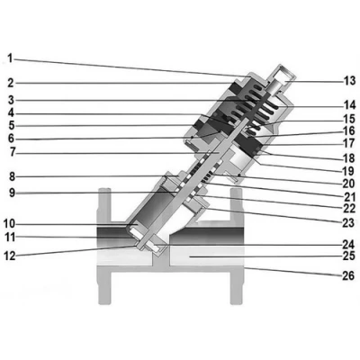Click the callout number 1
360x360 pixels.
11,58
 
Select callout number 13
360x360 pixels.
349,81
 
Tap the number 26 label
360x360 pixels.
348,275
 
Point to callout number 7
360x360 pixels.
12,152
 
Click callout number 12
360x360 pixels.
9,256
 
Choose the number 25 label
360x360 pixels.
349,256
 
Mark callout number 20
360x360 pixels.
349,183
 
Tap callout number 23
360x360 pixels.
348,223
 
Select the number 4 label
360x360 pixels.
11,113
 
